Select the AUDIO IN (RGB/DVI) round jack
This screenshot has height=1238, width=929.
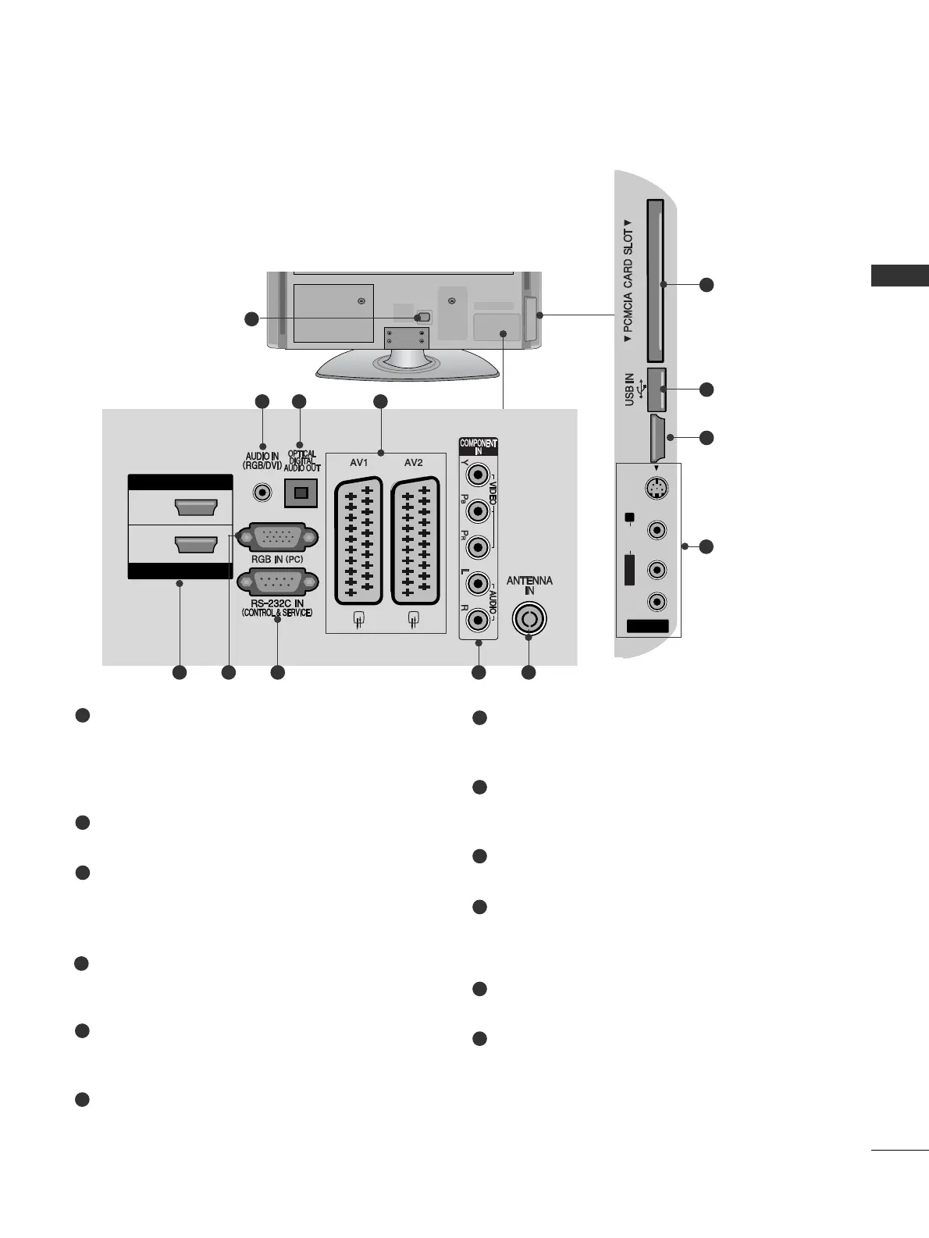[x=262, y=493]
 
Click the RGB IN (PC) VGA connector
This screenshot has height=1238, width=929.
[x=276, y=538]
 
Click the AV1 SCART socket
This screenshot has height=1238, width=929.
[x=358, y=540]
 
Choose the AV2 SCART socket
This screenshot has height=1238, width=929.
[x=414, y=540]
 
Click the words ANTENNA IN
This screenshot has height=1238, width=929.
[x=529, y=585]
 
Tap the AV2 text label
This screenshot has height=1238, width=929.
[x=413, y=463]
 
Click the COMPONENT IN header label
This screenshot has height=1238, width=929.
[x=478, y=447]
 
